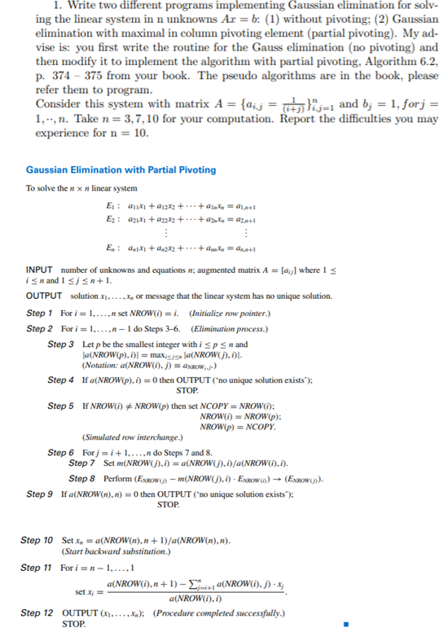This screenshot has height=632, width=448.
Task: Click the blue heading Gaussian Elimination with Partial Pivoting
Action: pos(121,169)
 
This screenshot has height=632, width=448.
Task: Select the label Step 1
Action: pos(41,313)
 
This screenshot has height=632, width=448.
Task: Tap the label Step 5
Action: pos(61,405)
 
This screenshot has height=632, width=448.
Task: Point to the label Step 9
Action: pos(41,494)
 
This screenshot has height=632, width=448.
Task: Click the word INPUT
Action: pos(41,270)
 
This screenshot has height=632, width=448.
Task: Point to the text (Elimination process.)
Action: pos(228,328)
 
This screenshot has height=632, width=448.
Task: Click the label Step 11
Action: pos(38,567)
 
